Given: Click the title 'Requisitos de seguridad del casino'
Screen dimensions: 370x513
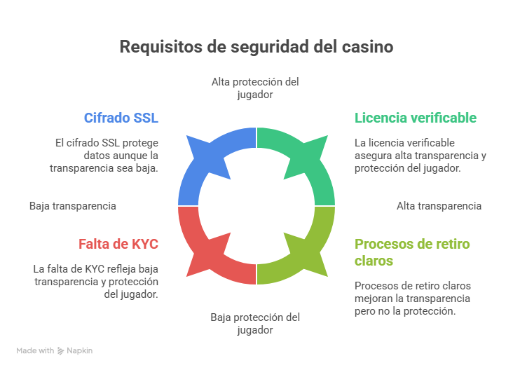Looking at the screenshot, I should coord(256,46).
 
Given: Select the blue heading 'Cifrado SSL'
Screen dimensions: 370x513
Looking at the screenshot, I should coord(121,118).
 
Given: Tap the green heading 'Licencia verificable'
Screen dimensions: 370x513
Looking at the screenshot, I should coord(416,118).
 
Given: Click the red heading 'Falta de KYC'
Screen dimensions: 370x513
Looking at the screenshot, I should coord(118,244).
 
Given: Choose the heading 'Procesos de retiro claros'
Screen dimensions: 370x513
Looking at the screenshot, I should coord(412,252).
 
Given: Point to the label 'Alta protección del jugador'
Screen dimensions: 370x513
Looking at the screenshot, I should coord(255,88).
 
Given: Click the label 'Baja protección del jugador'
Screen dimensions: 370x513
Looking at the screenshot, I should coord(255,323).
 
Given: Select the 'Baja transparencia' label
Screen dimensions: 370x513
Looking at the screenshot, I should coord(73,206).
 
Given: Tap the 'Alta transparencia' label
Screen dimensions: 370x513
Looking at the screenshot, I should coord(439,206).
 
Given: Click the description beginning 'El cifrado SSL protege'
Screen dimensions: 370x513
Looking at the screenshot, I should coord(105,155).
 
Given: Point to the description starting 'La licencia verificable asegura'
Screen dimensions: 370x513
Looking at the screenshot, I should coord(420,155).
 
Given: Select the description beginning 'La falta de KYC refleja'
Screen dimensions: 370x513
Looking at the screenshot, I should coord(96,281).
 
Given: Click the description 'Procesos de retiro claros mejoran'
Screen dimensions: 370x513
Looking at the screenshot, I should coord(411,298).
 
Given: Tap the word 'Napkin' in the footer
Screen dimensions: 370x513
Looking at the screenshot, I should coord(80,350).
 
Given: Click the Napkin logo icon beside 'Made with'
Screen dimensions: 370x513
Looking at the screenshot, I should coord(61,350).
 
